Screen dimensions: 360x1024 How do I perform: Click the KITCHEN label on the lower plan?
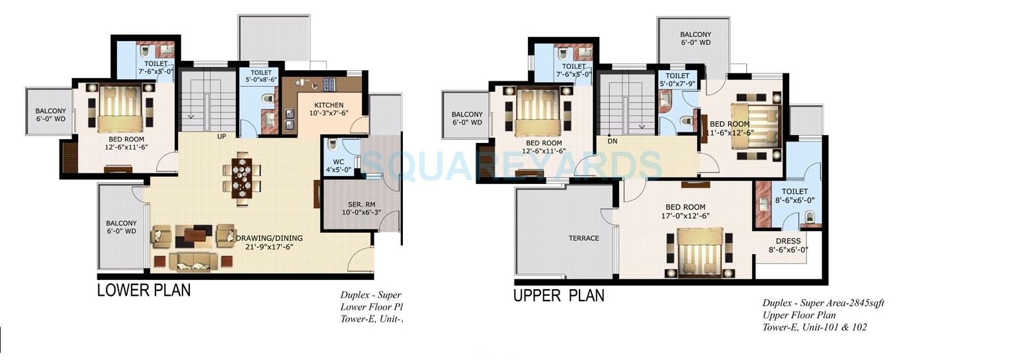329,105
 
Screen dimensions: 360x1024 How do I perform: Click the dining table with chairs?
241,175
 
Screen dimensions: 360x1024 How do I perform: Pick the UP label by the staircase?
222,137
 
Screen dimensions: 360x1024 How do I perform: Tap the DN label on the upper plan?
612,140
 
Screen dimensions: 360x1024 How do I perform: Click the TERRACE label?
583,238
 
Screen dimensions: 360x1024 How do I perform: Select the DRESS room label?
788,241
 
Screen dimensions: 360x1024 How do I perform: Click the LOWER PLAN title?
144,290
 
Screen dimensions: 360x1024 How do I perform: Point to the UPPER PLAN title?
558,295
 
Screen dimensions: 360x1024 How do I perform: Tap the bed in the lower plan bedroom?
119,108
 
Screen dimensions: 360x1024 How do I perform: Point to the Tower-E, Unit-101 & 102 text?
814,327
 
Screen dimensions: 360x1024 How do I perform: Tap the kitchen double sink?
290,118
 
